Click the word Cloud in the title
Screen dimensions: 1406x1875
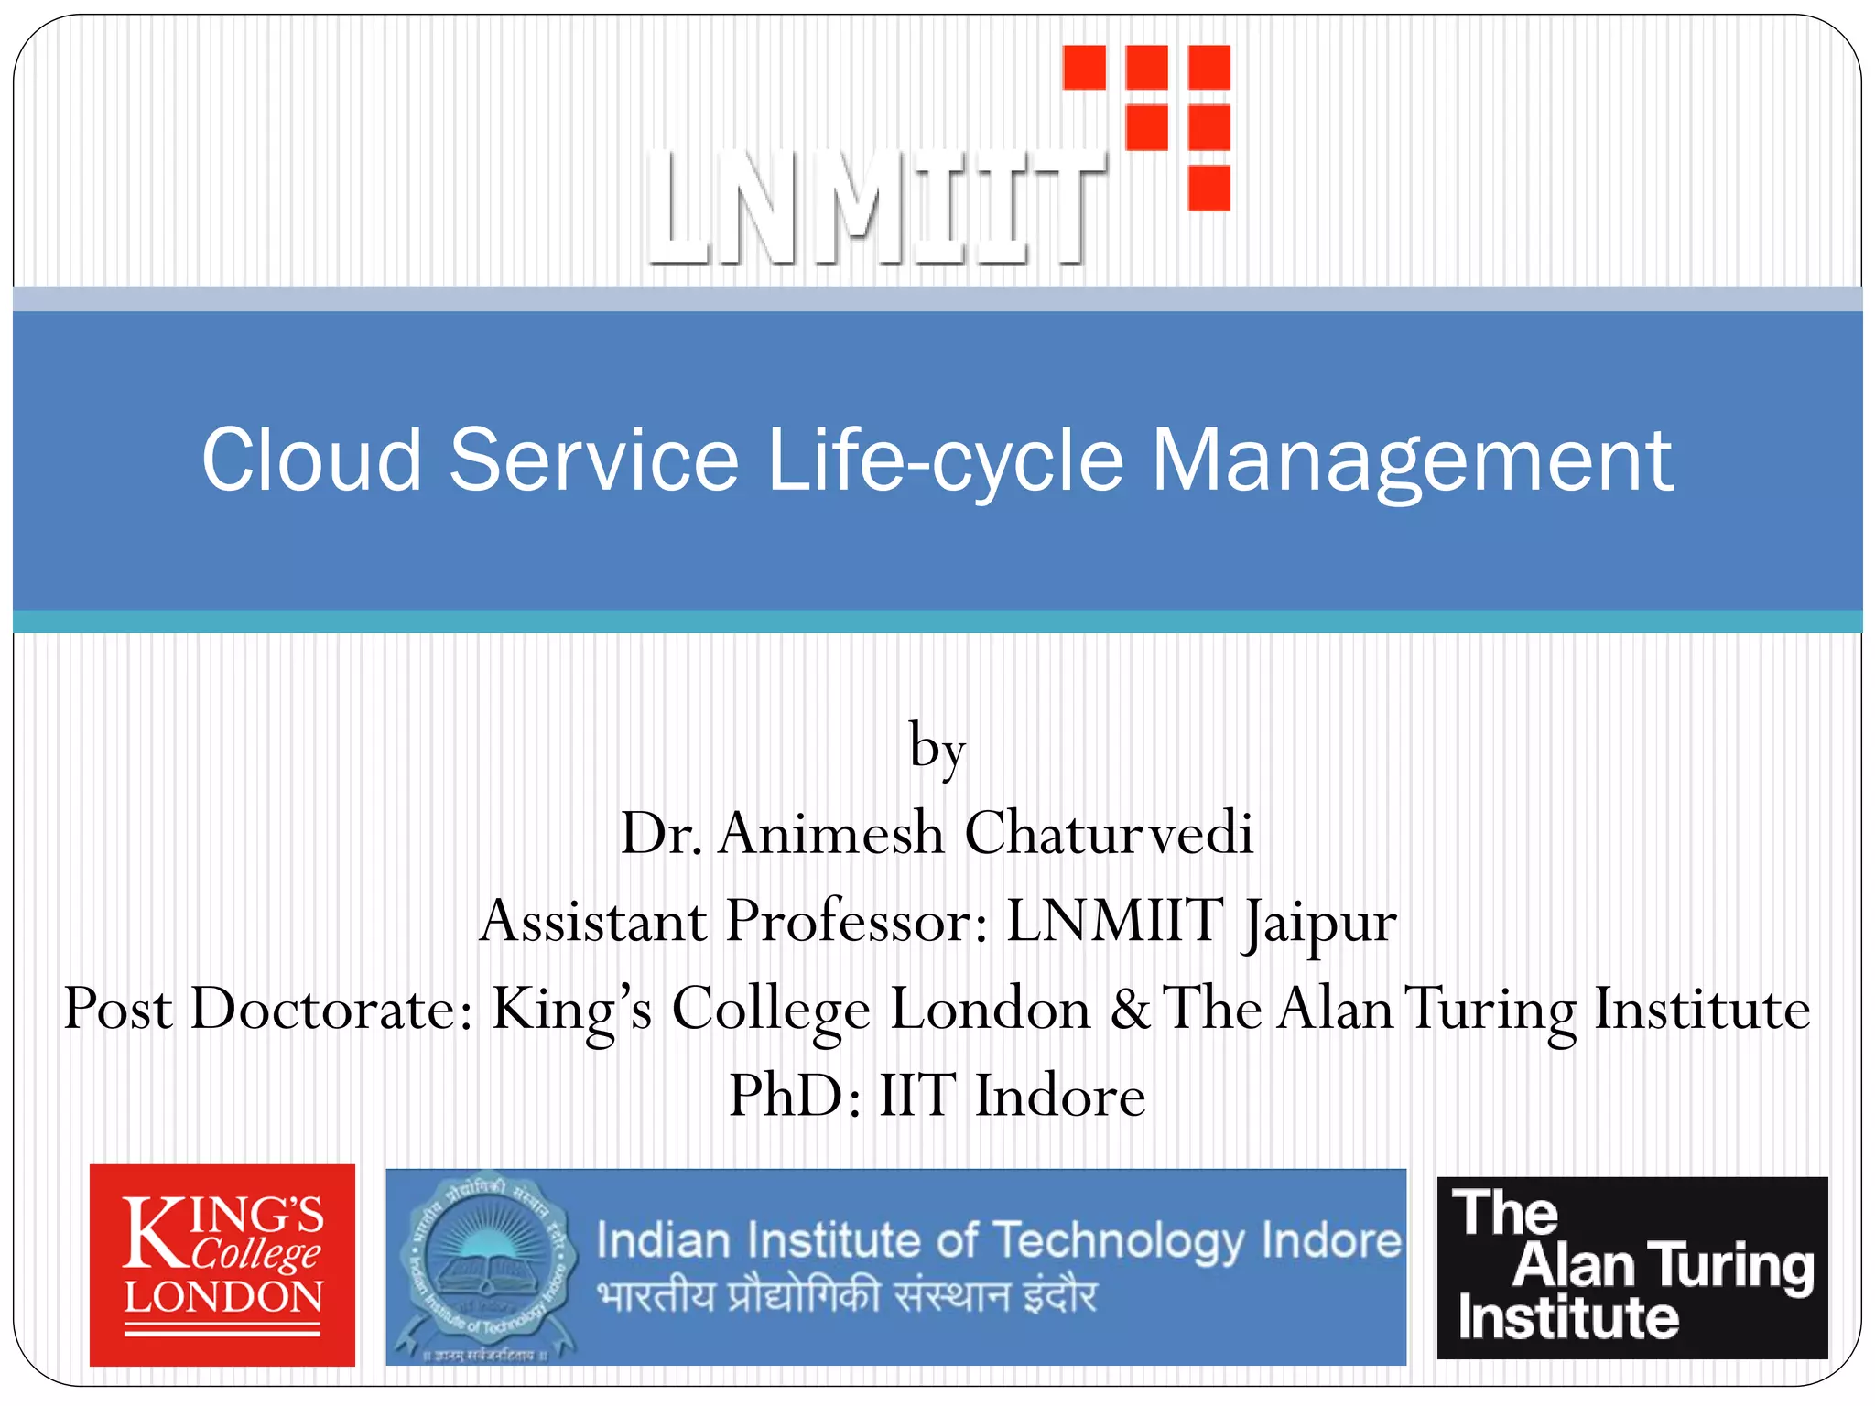tap(310, 460)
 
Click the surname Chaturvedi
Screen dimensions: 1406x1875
tap(1108, 833)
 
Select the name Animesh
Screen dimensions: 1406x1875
tap(830, 833)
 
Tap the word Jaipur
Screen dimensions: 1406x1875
tap(1319, 923)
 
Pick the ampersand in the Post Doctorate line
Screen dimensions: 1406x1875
tap(1130, 1009)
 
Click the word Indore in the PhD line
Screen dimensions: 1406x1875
tap(1059, 1096)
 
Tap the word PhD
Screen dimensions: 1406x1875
tap(795, 1096)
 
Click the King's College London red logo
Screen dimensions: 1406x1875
tap(222, 1265)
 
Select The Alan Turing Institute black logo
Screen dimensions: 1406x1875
tap(1631, 1267)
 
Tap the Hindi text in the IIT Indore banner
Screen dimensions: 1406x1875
tap(846, 1296)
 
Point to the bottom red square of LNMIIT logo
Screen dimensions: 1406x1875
tap(1208, 188)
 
